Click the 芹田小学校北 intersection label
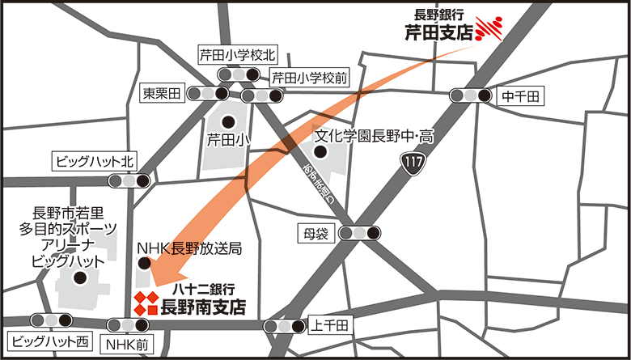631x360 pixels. click(238, 55)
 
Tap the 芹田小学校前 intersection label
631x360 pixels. click(309, 78)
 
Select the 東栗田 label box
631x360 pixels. click(163, 92)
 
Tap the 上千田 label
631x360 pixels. click(331, 325)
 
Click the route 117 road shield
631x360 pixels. click(412, 165)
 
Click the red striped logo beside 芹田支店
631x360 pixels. click(489, 28)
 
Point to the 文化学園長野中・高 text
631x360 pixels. click(373, 136)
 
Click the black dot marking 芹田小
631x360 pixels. click(229, 122)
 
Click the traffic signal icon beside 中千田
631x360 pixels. click(472, 95)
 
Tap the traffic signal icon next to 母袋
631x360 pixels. click(359, 234)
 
